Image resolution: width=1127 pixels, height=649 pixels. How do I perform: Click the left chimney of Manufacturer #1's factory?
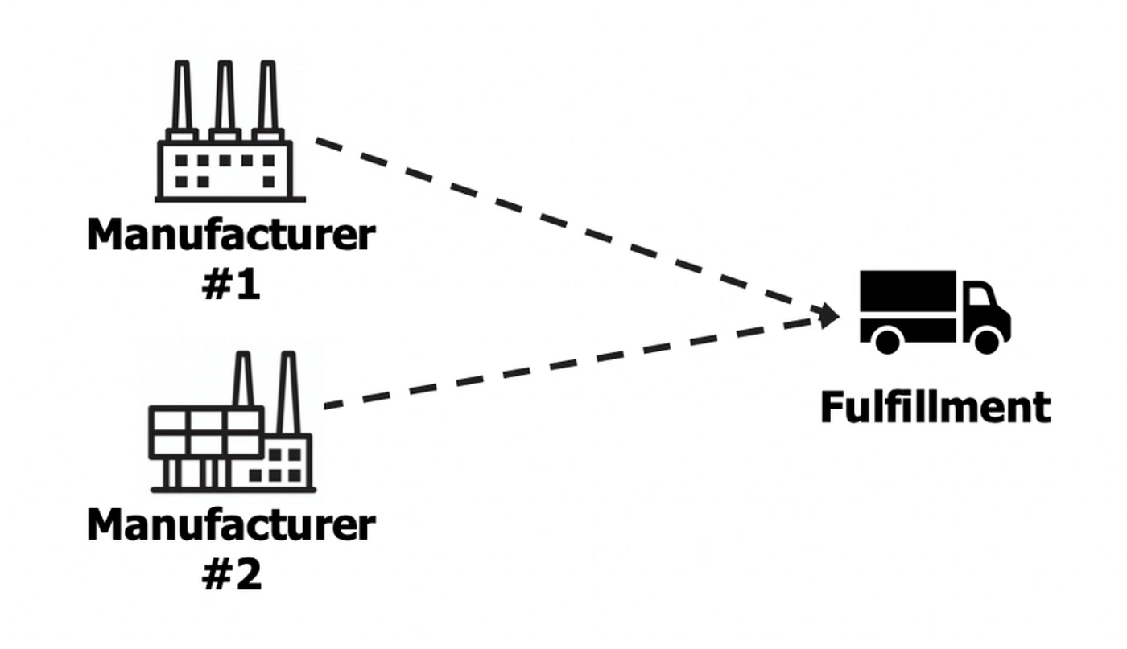[183, 97]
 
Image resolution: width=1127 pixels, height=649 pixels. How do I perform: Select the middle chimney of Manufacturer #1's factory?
[225, 97]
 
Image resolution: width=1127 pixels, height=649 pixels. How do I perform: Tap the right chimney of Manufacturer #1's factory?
[266, 97]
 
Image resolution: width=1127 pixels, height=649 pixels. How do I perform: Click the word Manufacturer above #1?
[230, 235]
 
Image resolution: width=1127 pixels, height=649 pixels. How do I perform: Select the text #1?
[231, 285]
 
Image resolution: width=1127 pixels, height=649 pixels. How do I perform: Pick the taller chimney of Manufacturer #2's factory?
[287, 394]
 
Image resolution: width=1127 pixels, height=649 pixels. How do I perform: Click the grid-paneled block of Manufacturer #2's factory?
[206, 433]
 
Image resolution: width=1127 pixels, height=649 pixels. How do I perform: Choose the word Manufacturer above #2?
[230, 524]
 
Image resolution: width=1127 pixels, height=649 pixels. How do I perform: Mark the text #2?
[231, 574]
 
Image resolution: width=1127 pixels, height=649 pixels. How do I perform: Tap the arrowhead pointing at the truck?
[829, 314]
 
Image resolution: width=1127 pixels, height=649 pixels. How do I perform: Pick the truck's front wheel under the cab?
[985, 340]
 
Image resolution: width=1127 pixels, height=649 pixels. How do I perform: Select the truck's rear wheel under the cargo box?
[887, 340]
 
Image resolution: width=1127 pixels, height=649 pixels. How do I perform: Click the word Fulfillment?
[935, 407]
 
